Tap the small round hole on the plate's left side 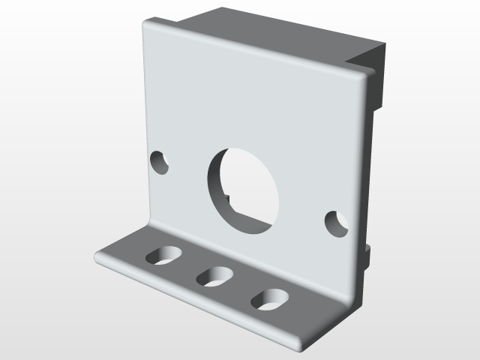159,163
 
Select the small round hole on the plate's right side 336,223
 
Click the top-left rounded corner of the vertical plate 148,26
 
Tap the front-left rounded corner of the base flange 100,258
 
